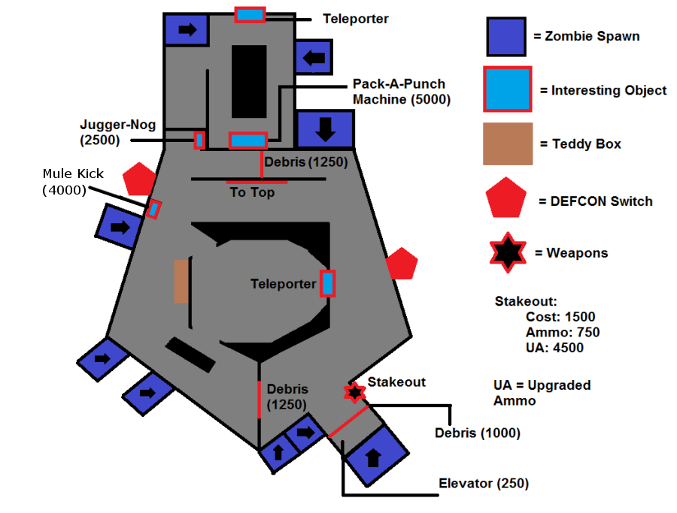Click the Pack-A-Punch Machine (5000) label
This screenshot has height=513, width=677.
tap(402, 92)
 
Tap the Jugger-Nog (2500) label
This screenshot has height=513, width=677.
tap(117, 132)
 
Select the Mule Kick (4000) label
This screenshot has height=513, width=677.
tap(73, 182)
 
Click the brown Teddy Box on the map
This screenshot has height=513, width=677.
tap(181, 281)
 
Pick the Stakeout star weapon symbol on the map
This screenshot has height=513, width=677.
tap(354, 392)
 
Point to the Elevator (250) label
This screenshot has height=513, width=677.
tap(484, 483)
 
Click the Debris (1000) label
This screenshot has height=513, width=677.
tap(477, 433)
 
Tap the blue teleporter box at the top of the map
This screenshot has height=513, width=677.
tap(250, 15)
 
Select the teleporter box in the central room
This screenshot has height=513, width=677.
tap(328, 283)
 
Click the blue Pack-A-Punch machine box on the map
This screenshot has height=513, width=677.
tap(247, 140)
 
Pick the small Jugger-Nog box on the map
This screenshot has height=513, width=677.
tap(199, 140)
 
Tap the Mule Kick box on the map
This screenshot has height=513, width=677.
tap(153, 209)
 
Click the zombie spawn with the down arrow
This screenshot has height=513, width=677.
tap(325, 129)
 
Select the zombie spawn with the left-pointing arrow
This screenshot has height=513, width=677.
tap(314, 57)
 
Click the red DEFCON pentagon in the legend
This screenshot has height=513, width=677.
tap(506, 198)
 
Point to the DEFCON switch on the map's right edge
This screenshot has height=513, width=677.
tap(402, 264)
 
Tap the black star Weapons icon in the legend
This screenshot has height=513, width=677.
tap(508, 252)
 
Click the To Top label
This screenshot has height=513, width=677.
tap(252, 192)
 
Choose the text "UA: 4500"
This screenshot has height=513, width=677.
tap(554, 348)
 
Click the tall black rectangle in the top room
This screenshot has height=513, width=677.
tap(249, 81)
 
